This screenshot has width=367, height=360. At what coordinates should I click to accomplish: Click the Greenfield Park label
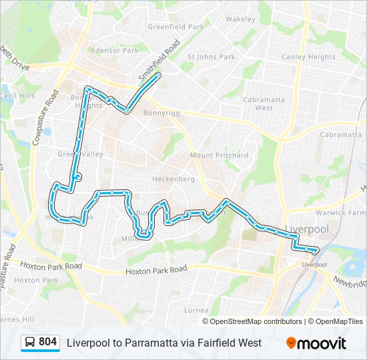pyautogui.click(x=175, y=27)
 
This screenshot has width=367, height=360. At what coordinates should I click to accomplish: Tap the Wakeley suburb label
pyautogui.click(x=240, y=19)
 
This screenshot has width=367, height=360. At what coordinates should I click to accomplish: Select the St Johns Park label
pyautogui.click(x=211, y=57)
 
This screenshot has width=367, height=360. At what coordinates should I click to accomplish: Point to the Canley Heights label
pyautogui.click(x=308, y=57)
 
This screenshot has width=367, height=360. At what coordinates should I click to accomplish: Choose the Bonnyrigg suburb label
pyautogui.click(x=159, y=113)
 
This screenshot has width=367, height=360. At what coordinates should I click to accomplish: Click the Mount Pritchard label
pyautogui.click(x=219, y=155)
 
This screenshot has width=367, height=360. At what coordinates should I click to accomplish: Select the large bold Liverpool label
pyautogui.click(x=307, y=229)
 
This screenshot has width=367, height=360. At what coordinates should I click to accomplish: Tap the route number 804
pyautogui.click(x=48, y=342)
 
